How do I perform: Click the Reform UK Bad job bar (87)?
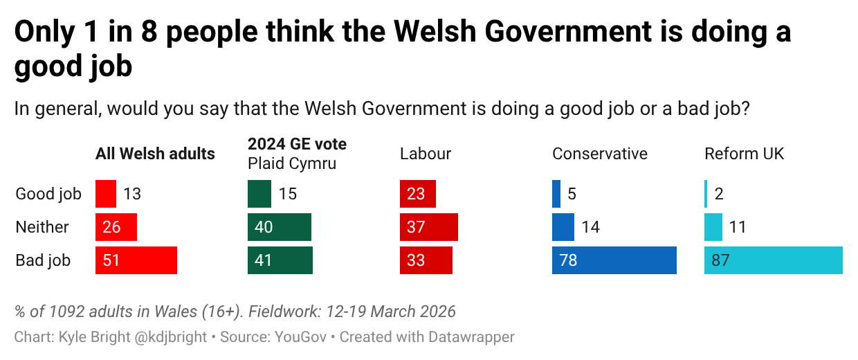(x=773, y=260)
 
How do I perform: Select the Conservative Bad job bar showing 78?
(x=614, y=260)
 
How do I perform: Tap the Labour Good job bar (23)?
(x=417, y=194)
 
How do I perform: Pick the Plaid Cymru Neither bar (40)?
(x=279, y=227)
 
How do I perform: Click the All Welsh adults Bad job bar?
(x=136, y=260)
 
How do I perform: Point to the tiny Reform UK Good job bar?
(x=706, y=194)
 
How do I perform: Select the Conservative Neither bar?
(x=563, y=227)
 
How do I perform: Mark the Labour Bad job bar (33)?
(x=426, y=260)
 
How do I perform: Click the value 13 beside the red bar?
(x=132, y=194)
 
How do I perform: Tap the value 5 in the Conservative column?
(x=572, y=194)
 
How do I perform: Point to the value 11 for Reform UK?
(x=738, y=227)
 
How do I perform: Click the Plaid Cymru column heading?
(x=292, y=164)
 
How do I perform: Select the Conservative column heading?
(x=599, y=154)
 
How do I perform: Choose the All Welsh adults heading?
(x=155, y=154)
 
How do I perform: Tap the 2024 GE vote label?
(x=297, y=144)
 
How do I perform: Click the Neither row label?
(x=42, y=227)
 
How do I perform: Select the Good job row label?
(x=48, y=194)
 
